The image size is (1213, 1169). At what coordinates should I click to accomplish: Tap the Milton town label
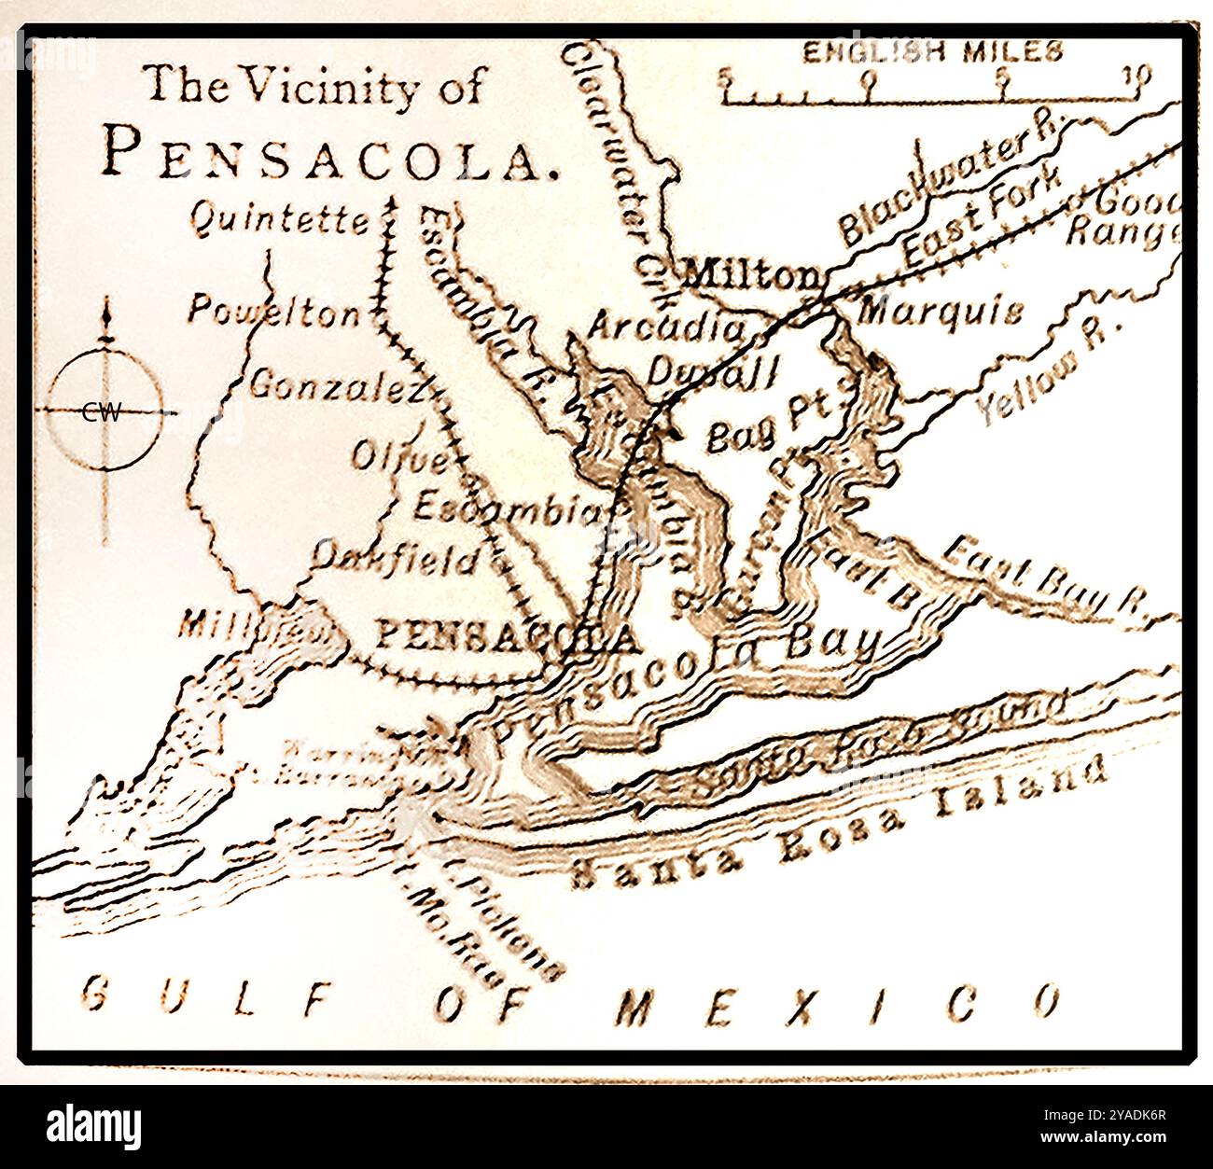point(752,276)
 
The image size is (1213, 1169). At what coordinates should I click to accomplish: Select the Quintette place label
point(280,220)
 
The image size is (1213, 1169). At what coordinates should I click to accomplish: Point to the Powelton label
point(273,312)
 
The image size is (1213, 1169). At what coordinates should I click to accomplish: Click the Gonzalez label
point(336,385)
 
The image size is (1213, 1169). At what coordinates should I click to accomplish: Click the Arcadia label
point(667,327)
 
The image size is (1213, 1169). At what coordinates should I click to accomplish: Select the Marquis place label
point(939,311)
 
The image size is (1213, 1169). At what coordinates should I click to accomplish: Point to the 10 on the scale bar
point(1136,76)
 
